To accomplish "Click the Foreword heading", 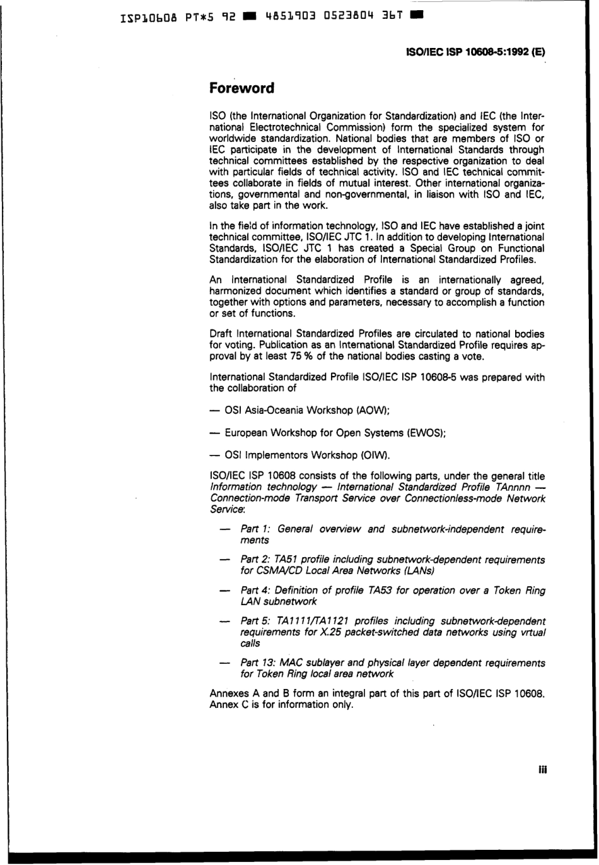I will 241,88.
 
